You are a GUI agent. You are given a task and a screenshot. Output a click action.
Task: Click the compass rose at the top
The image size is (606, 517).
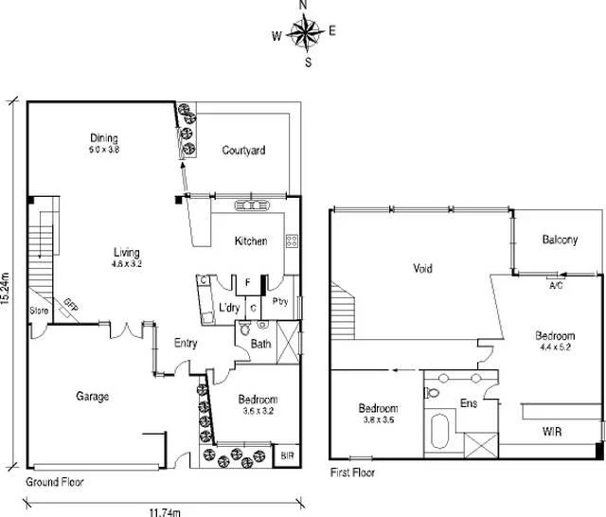pyautogui.click(x=305, y=35)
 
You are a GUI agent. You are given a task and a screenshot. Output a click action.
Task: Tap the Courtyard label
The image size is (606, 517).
pyautogui.click(x=243, y=151)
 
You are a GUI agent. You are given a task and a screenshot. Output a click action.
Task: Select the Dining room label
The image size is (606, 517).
pyautogui.click(x=104, y=137)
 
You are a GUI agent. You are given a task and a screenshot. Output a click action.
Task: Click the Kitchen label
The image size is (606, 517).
pyautogui.click(x=251, y=241)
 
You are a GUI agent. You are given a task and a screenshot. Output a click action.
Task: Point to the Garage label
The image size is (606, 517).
pyautogui.click(x=92, y=397)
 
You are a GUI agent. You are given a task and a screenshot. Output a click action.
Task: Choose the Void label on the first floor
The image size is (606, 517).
pyautogui.click(x=423, y=269)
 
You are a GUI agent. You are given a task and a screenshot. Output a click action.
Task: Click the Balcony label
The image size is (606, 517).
pyautogui.click(x=560, y=241)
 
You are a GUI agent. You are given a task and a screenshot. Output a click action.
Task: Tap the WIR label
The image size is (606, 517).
pyautogui.click(x=555, y=432)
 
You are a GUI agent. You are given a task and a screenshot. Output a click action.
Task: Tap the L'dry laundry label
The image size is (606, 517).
pyautogui.click(x=228, y=309)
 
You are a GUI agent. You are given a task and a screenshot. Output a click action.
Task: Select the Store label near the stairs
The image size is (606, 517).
pyautogui.click(x=39, y=311)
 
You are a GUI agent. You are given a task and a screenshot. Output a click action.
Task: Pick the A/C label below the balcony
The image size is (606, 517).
pyautogui.click(x=555, y=284)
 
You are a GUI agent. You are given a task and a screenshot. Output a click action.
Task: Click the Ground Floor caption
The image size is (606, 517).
pyautogui.click(x=55, y=482)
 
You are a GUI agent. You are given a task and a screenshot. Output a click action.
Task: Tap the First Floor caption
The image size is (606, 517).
pyautogui.click(x=354, y=471)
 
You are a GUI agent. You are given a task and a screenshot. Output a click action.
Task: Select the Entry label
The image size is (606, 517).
pyautogui.click(x=186, y=343)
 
